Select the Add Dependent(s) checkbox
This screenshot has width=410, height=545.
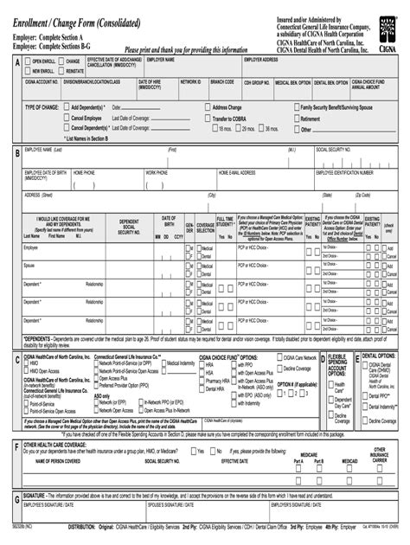[67, 107]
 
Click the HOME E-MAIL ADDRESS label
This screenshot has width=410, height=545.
[236, 172]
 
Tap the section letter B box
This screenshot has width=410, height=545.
[17, 153]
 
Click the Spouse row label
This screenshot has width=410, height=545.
[29, 266]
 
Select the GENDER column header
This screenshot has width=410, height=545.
[189, 226]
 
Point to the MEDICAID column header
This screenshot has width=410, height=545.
[349, 461]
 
